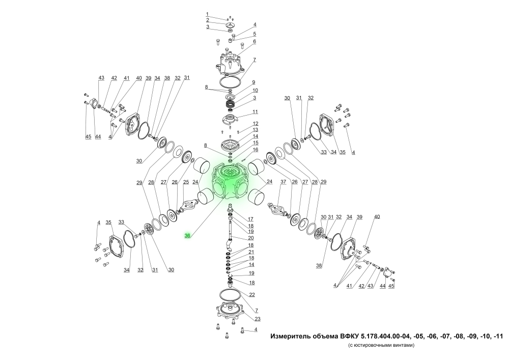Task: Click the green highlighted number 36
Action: pos(187,236)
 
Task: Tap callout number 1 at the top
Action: pos(207,14)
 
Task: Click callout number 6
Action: pos(254,42)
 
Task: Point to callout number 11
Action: pos(255,112)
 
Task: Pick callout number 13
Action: pos(256,129)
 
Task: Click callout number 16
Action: pos(256,150)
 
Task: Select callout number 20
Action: pos(251,238)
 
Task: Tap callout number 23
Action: pos(258,319)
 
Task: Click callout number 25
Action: pos(186,182)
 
